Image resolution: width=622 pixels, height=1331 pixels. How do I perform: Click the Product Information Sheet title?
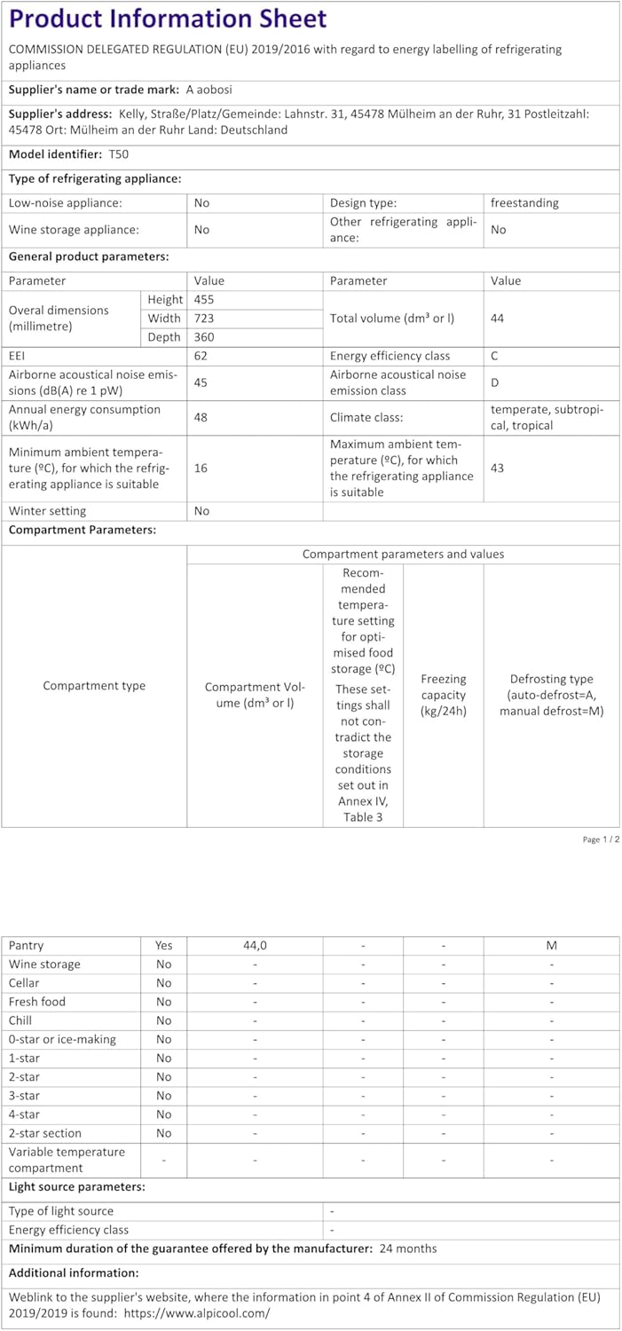168,19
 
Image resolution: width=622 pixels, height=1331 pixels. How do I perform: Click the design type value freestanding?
524,203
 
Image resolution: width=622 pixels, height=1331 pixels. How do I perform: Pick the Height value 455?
203,300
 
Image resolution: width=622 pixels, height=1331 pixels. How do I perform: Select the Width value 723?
203,319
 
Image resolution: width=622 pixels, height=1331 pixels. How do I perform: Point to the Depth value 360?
203,337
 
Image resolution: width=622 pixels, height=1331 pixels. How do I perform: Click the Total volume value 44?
497,318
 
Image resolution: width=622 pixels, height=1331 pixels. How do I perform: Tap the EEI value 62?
201,356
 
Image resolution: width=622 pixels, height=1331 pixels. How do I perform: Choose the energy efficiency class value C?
494,356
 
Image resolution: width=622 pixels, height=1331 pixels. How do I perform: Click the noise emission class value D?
494,382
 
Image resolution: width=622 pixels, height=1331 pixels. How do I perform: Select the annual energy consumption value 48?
201,417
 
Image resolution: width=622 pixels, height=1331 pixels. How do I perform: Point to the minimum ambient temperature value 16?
201,468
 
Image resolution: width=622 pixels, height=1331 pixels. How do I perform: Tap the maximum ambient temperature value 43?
497,468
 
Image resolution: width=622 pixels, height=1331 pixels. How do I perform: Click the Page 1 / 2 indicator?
600,839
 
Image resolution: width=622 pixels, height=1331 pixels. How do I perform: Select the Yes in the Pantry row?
164,946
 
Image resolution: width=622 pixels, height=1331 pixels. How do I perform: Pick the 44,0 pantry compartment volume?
255,946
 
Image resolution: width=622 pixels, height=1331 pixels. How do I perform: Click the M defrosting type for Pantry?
552,946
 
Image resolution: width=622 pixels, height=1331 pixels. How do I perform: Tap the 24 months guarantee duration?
408,1248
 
